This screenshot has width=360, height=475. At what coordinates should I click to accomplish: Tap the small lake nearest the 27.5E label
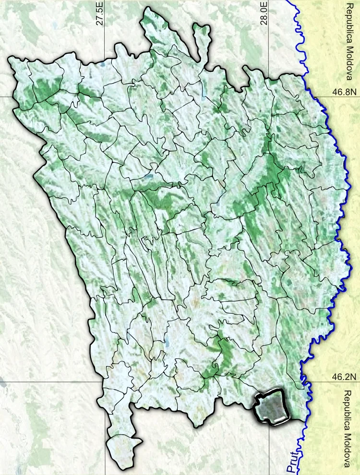point(102,64)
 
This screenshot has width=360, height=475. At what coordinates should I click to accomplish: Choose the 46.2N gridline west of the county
point(48,382)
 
